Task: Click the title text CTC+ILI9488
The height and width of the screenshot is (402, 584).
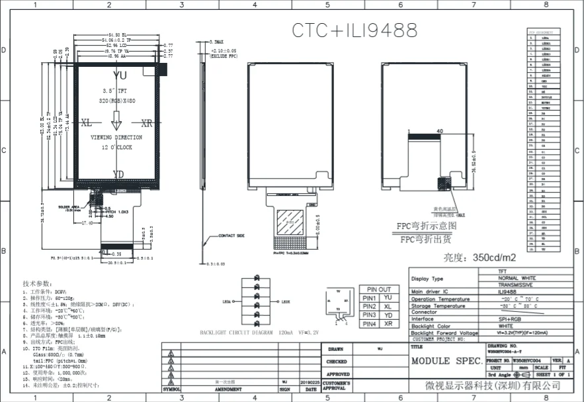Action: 355,30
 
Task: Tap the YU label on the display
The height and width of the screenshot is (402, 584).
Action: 119,75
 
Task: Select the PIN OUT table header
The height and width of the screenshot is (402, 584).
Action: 379,289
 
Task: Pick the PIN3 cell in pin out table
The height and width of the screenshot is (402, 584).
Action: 369,315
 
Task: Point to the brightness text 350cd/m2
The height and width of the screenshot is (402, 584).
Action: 489,257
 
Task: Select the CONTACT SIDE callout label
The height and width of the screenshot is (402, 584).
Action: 231,235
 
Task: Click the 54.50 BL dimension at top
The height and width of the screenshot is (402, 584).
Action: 117,34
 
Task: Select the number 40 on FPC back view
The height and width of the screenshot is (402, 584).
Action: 439,132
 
